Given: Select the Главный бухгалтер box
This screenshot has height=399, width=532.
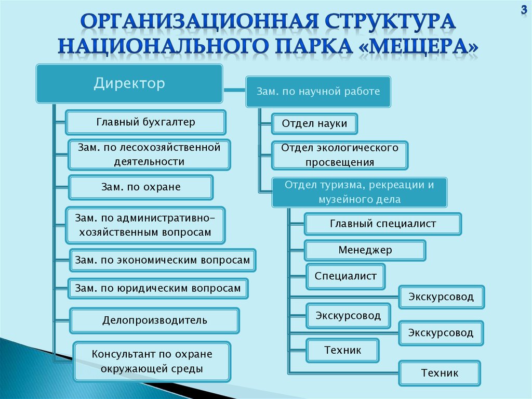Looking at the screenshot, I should pos(145,123).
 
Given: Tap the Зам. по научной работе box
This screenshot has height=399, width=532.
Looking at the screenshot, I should pos(318,92).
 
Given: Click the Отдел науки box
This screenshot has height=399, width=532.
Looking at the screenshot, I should pos(316,124).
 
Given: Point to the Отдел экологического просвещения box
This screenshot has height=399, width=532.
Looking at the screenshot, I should pos(340,155).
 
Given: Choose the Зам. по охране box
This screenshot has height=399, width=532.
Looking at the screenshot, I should pos(141,187).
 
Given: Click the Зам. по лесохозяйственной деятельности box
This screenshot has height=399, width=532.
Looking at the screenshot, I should pos(149,155).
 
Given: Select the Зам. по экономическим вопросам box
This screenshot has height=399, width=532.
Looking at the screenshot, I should pos(163,260).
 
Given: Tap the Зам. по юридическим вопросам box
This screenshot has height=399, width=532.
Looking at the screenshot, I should pos(158,288).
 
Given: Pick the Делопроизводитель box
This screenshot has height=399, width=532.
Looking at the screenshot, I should pos(154,320).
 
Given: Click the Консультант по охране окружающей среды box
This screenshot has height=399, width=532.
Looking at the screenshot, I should pos(152,362).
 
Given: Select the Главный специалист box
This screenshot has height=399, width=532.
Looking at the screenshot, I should pos(383,224).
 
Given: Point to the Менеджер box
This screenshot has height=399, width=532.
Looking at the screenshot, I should pos(365,250).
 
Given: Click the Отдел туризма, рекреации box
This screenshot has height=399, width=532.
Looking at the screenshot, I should pos(359,192).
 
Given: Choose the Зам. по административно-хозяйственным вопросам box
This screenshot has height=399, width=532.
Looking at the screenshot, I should pos(145,225).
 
